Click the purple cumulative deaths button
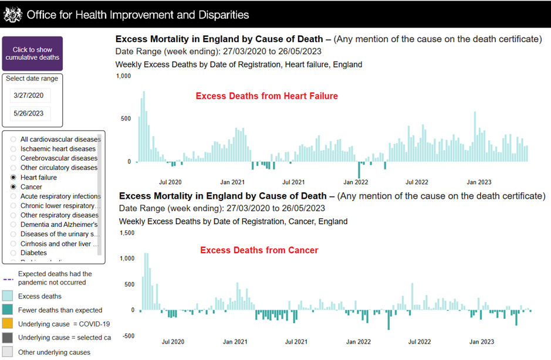pos(32,54)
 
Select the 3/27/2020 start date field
pos(31,96)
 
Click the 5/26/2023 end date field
pos(31,114)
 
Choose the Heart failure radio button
pos(13,177)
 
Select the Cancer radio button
pos(13,186)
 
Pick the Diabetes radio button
pos(13,253)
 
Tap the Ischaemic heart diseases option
pos(13,149)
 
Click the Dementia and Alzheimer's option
pos(13,225)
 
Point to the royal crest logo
pos(12,15)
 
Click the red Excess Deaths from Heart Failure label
pos(266,96)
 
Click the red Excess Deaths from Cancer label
pos(259,250)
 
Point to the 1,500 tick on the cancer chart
pos(127,233)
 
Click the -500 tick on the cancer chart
pos(129,336)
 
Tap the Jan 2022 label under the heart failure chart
pos(356,182)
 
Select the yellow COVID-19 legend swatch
pos(9,324)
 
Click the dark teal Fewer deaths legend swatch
pos(9,310)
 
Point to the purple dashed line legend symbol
pos(8,279)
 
